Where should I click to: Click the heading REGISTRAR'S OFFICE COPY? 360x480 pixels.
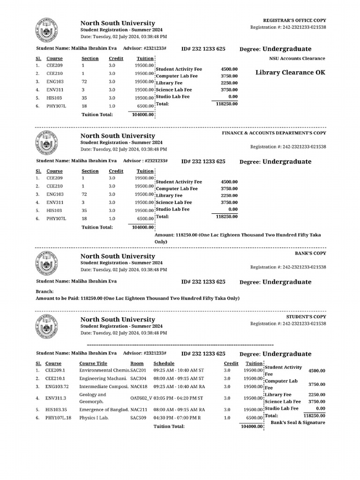click(295, 21)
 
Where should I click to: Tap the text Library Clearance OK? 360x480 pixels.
click(290, 73)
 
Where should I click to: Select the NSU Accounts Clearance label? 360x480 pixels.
click(297, 59)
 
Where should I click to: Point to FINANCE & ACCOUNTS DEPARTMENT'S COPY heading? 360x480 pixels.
click(274, 133)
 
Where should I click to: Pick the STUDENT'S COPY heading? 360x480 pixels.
click(306, 317)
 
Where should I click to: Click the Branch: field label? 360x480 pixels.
click(45, 291)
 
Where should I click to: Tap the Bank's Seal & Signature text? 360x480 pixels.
click(298, 422)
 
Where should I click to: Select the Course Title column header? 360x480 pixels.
click(93, 363)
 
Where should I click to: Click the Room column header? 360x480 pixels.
click(137, 363)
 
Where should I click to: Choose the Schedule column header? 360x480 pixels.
click(164, 363)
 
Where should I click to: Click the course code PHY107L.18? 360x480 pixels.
click(57, 417)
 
